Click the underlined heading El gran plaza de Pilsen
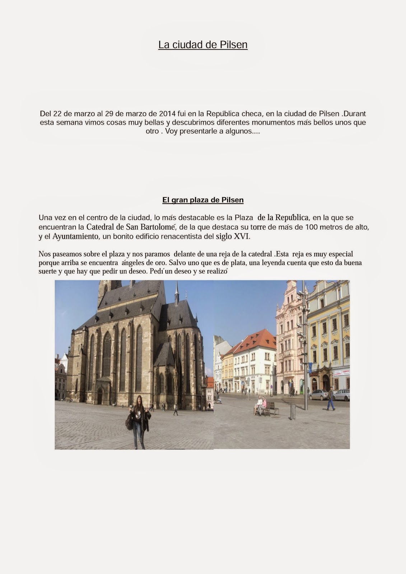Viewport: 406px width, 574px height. coord(203,200)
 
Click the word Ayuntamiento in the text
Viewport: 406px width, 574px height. coord(75,236)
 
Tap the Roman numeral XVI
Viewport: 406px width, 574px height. coord(241,236)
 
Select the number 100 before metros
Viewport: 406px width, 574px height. coord(311,227)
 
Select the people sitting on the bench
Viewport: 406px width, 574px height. coord(261,405)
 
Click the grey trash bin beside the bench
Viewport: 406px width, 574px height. coord(293,412)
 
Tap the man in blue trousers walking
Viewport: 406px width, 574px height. coord(331,399)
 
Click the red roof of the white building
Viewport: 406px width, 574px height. coord(257,340)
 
